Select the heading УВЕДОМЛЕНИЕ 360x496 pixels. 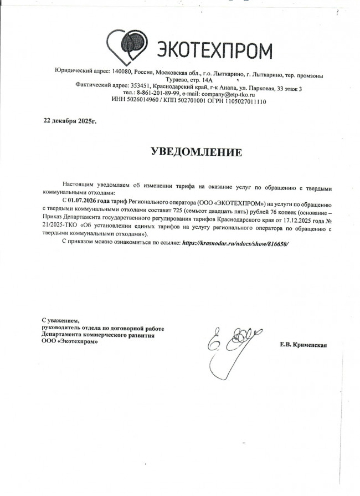(x=197, y=151)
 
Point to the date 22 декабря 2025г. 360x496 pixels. (x=70, y=120)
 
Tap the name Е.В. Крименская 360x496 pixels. (x=304, y=345)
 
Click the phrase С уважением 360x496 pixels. (x=61, y=321)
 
